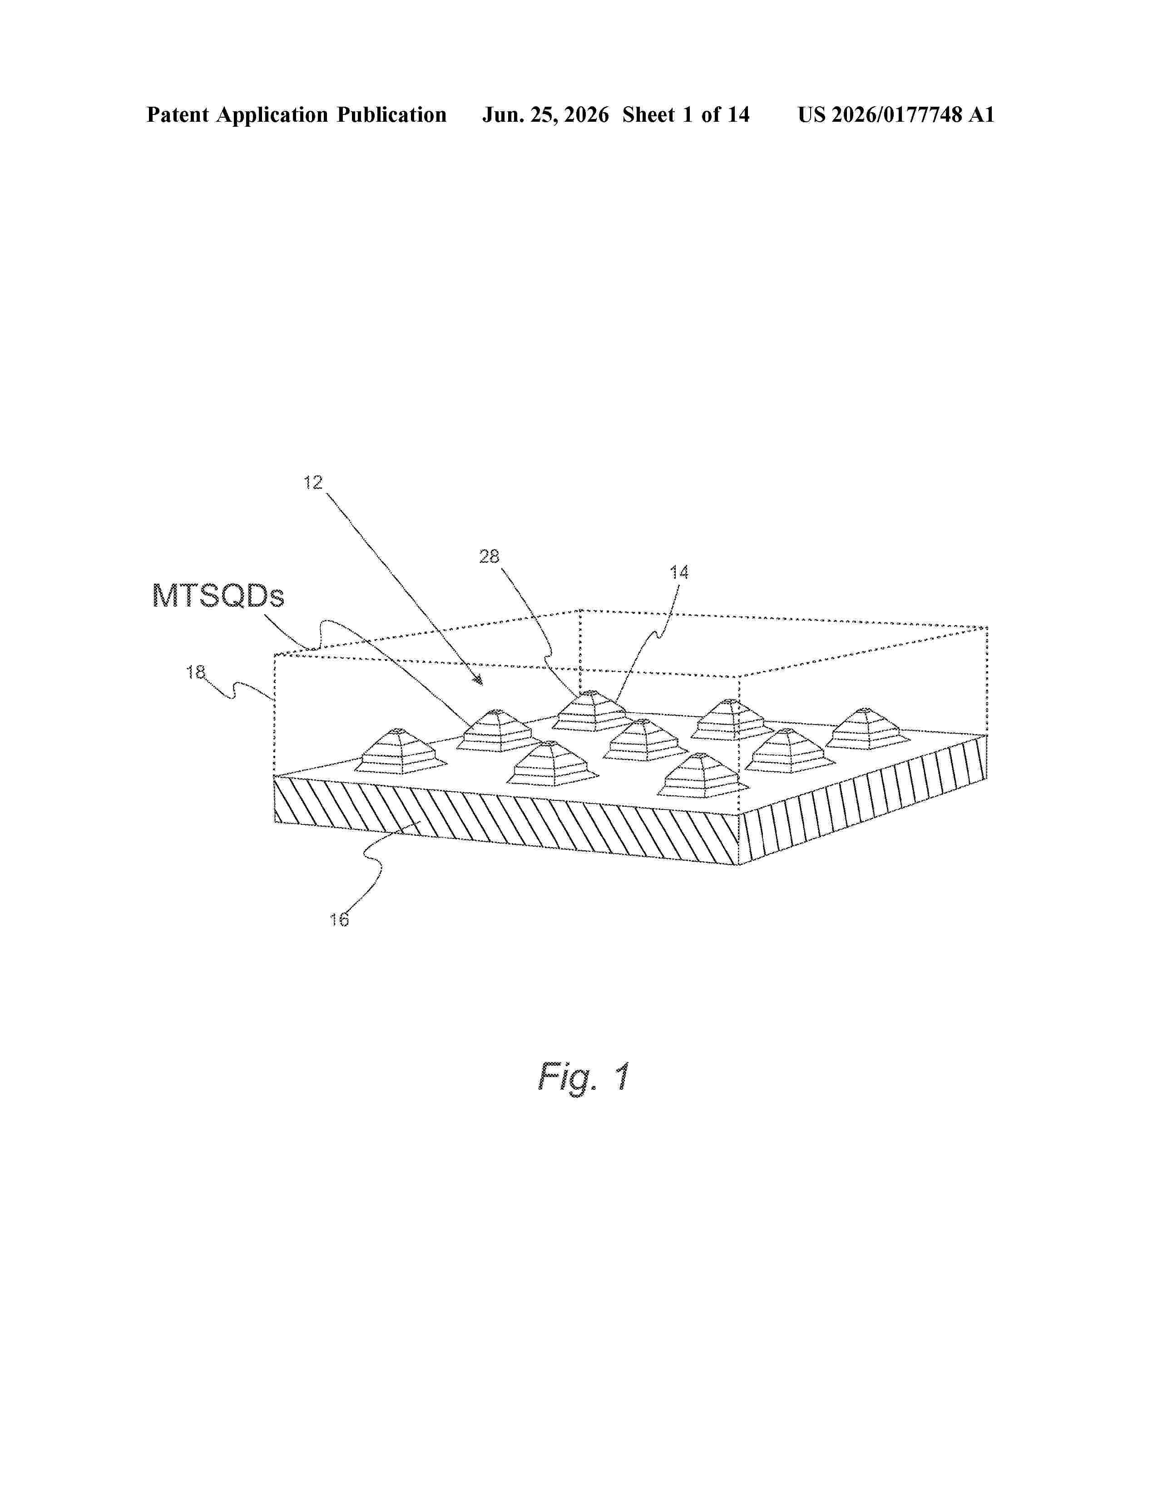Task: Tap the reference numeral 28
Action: click(489, 556)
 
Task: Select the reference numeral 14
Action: click(679, 572)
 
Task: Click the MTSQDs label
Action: click(218, 596)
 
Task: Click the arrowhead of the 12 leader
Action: click(479, 681)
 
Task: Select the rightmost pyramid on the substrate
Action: click(868, 729)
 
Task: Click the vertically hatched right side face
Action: click(863, 799)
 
